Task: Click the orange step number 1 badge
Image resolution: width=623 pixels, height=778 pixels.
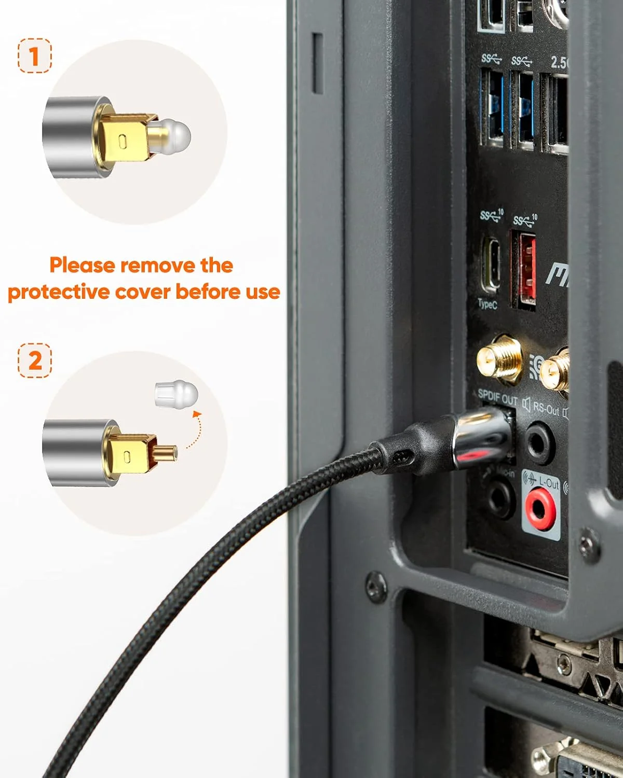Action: click(x=35, y=56)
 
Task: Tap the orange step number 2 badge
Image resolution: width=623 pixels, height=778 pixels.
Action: click(x=35, y=360)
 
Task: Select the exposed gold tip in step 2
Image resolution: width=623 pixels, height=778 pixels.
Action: click(x=167, y=453)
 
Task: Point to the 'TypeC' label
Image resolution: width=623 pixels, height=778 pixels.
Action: click(x=487, y=304)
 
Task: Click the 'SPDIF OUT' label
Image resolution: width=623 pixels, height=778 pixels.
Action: click(x=497, y=398)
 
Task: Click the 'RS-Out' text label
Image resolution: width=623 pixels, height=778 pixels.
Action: click(x=546, y=408)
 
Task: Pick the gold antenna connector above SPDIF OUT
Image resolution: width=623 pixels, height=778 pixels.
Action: click(x=499, y=359)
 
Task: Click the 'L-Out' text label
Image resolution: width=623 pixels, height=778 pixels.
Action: click(x=548, y=483)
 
